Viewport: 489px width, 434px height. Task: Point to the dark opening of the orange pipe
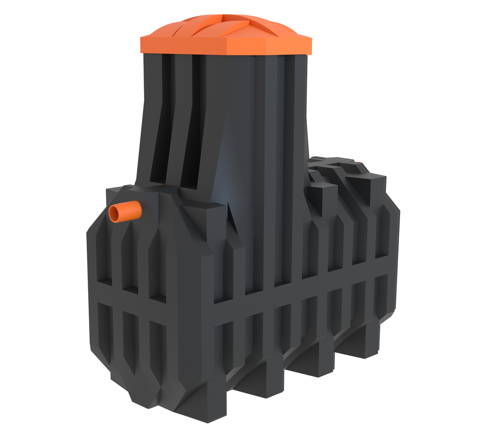(x=116, y=214)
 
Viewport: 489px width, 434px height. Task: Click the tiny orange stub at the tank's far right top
(x=359, y=163)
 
